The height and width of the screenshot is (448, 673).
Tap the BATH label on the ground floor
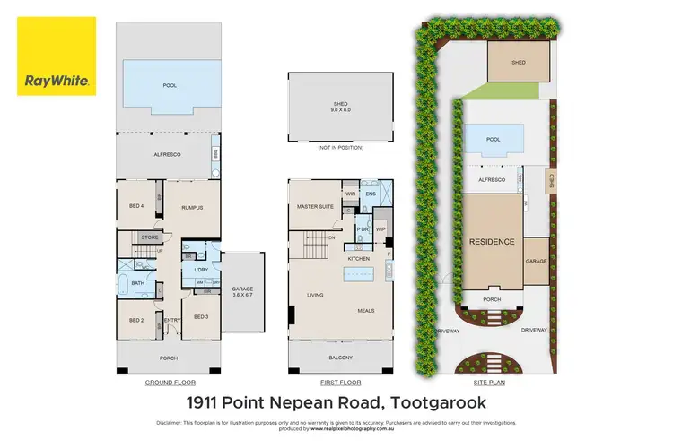pyautogui.click(x=137, y=283)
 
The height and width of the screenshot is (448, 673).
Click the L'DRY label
pyautogui.click(x=201, y=270)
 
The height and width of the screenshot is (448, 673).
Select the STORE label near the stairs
pyautogui.click(x=150, y=237)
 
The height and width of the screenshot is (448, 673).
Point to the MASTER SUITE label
pyautogui.click(x=316, y=208)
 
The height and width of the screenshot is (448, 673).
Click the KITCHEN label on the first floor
pyautogui.click(x=359, y=258)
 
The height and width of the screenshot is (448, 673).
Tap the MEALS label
pyautogui.click(x=365, y=312)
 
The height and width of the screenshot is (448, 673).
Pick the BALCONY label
pyautogui.click(x=340, y=358)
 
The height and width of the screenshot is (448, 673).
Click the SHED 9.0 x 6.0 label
pyautogui.click(x=340, y=108)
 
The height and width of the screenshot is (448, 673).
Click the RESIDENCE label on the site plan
pyautogui.click(x=492, y=242)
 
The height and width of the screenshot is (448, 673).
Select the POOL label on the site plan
pyautogui.click(x=493, y=140)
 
